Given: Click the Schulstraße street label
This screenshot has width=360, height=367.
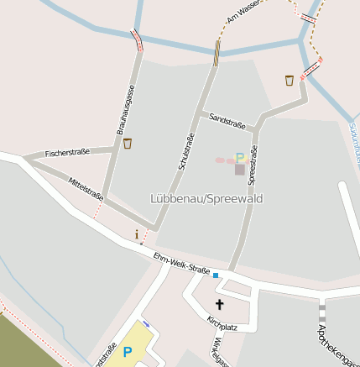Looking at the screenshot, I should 186,152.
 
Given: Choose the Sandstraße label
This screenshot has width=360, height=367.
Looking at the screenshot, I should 227,121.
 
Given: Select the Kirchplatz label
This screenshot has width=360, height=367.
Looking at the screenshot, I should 222,324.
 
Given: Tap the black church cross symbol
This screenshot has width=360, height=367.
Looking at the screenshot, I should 220,304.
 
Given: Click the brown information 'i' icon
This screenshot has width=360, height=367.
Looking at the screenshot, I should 137,234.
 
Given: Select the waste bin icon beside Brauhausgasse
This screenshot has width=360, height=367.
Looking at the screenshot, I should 128,144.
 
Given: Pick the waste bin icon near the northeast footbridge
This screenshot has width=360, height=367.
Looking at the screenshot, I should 289,80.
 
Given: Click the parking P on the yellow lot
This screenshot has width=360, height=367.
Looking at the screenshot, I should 128,353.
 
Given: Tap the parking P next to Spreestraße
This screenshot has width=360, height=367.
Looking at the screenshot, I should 240,157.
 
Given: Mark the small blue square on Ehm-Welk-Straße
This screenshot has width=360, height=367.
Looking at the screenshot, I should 216,275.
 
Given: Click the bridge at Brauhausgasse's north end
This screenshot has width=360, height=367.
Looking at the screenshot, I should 137,39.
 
